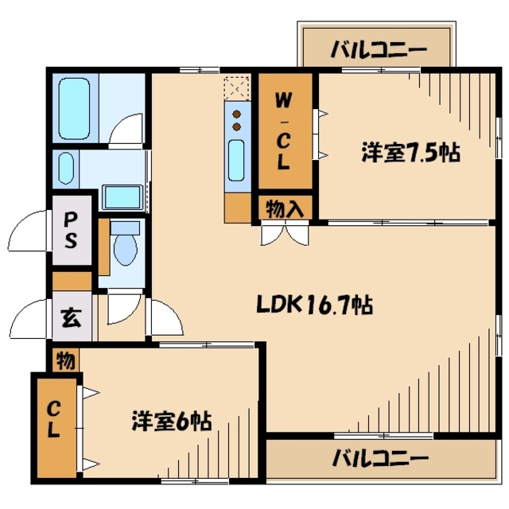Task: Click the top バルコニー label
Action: click(379, 49)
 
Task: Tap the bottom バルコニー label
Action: click(380, 459)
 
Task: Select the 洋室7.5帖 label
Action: click(410, 153)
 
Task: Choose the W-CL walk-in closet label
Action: click(283, 132)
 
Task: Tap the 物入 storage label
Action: click(284, 208)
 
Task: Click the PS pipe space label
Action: click(71, 229)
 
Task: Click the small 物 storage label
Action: click(67, 361)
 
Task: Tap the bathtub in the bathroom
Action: click(76, 107)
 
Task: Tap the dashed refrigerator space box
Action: click(237, 86)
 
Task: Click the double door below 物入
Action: click(283, 234)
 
